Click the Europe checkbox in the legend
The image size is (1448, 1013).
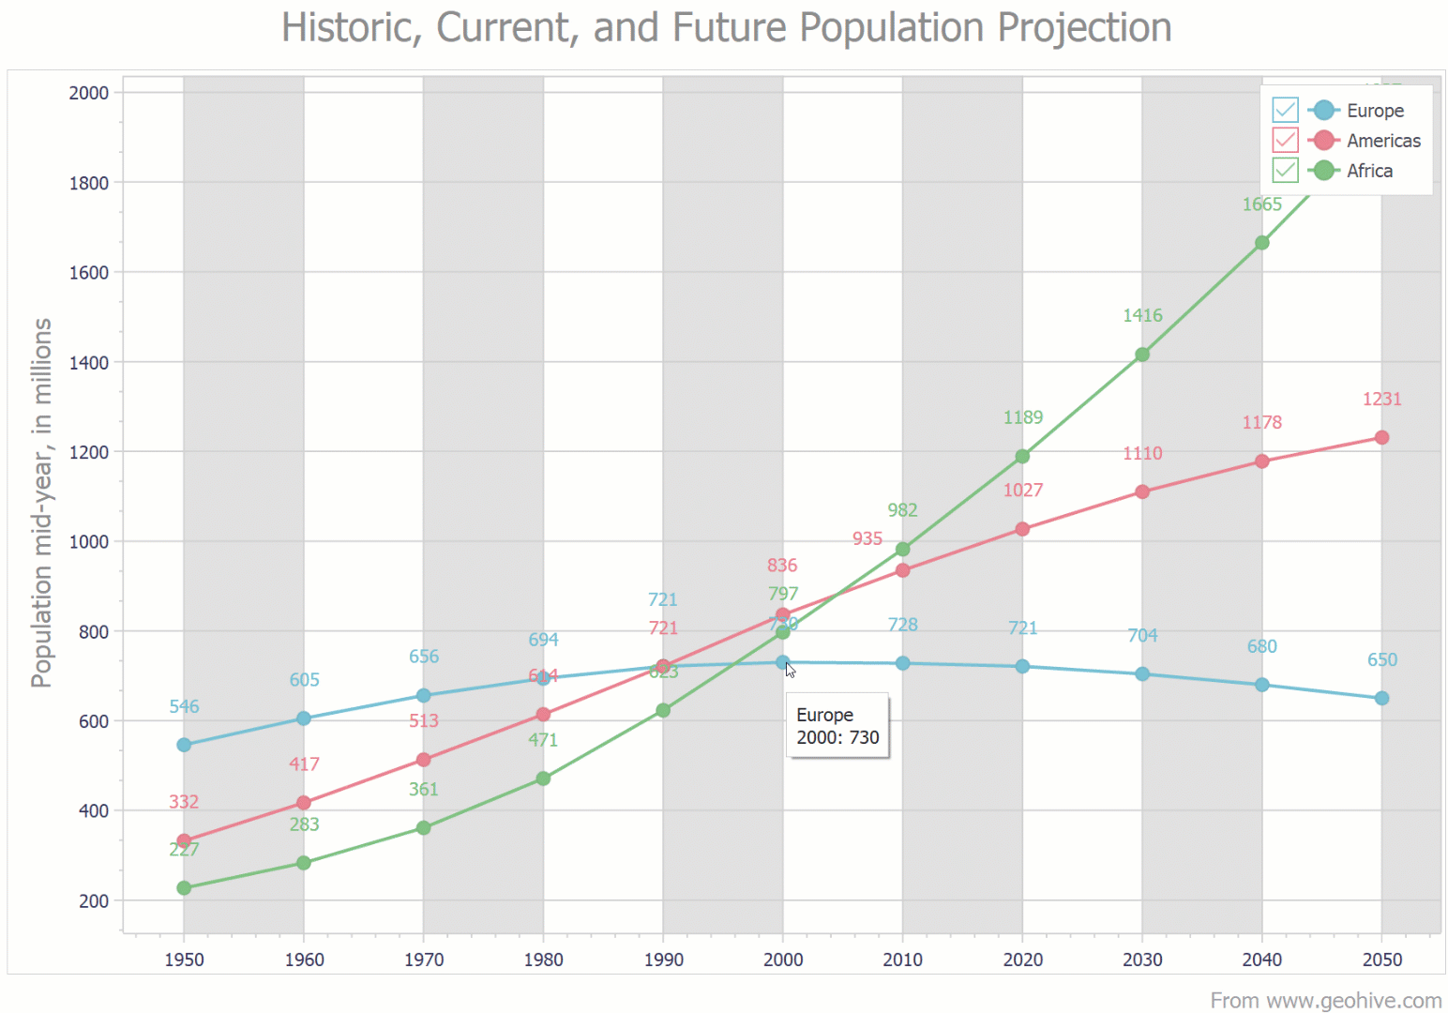[1285, 110]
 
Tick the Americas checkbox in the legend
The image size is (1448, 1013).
[1285, 140]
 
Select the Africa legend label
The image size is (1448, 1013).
[1369, 171]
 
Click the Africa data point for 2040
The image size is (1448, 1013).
[1261, 243]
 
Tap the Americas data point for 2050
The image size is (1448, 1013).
[1381, 438]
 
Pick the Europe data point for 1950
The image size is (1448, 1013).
[184, 745]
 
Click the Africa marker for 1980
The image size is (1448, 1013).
[543, 779]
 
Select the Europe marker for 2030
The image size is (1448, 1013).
[1142, 674]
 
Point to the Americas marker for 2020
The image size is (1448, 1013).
[1022, 529]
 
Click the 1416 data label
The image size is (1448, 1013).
[1142, 316]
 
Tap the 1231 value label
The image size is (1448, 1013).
[1381, 400]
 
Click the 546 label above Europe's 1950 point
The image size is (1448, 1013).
[184, 707]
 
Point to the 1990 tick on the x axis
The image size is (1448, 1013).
[663, 960]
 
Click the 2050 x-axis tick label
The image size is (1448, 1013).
[1381, 960]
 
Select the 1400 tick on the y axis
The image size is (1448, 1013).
[88, 362]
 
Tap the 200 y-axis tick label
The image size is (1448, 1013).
[94, 901]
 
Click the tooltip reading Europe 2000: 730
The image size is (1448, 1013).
[837, 726]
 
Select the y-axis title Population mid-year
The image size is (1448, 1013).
[41, 503]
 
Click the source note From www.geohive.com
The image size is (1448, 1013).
[1325, 1001]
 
